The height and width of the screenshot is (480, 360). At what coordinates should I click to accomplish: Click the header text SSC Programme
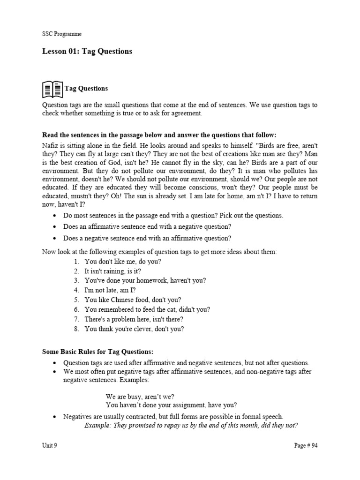point(62,34)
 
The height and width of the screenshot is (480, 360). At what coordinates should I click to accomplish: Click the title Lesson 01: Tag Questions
point(87,52)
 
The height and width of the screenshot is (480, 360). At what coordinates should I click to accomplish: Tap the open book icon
point(52,89)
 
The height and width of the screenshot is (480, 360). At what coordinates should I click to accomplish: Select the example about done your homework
point(145,281)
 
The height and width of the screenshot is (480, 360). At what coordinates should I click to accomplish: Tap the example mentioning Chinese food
point(133,300)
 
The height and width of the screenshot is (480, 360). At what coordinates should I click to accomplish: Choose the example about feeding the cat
point(147,309)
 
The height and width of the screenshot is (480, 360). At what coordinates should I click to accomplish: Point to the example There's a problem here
point(134,319)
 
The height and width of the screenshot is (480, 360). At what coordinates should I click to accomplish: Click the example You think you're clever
point(134,329)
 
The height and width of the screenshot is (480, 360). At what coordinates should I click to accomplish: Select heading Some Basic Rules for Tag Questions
point(98,352)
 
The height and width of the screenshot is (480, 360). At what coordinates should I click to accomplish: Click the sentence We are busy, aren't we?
point(140,396)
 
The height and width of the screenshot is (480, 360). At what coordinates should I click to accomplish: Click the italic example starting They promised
point(191,426)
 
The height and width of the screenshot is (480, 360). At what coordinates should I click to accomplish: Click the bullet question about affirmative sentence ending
point(148,227)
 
